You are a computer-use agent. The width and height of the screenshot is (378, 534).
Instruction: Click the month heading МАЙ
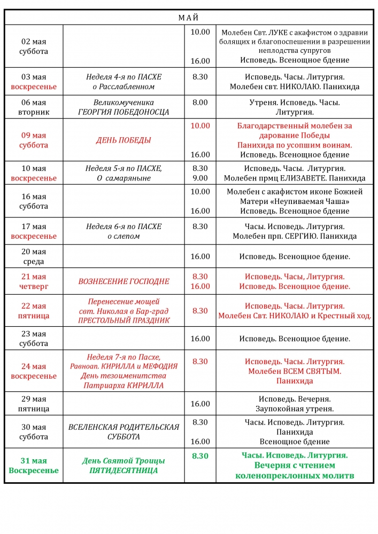pos(189,18)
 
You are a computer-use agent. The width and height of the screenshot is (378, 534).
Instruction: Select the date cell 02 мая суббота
pos(34,46)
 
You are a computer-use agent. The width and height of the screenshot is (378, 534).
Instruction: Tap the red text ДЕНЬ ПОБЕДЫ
pos(124,140)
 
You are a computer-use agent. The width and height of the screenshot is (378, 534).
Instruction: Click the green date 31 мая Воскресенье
pos(34,466)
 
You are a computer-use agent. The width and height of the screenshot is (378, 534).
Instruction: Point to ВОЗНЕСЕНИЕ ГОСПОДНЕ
pos(124,281)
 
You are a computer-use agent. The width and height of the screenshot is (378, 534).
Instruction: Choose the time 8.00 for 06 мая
pos(200,102)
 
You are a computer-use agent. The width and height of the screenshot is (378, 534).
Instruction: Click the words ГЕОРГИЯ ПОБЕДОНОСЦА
pos(124,112)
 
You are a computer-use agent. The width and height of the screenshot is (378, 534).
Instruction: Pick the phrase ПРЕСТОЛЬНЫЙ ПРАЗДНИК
pos(124,320)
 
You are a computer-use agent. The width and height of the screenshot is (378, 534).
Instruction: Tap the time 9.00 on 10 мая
pos(200,178)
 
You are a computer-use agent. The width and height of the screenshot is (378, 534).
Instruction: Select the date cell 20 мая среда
pos(34,256)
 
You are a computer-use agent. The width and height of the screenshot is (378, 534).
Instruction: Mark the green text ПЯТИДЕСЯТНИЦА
pos(124,470)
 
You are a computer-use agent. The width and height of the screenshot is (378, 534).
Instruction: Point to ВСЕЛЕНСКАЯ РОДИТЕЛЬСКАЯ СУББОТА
pos(124,431)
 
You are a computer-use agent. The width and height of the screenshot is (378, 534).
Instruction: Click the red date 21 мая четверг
pos(34,281)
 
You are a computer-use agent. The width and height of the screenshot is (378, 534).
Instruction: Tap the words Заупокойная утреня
pos(295,409)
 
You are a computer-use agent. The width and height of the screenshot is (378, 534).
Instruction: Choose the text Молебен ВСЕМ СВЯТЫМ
pos(295,371)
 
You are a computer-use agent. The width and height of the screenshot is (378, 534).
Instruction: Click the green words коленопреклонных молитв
pos(295,476)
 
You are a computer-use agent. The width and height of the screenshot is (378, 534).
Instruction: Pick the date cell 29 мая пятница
pos(34,404)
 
